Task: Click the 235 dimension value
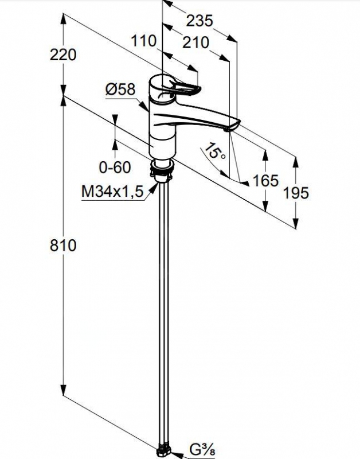coord(199,21)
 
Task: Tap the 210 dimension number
coord(195,42)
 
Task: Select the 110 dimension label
coord(143,41)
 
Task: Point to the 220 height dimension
coord(63,55)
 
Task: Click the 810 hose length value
coord(63,245)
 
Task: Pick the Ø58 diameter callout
coord(120,89)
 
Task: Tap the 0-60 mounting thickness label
coord(115,167)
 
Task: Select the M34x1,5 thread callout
coord(112,192)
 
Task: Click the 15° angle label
coord(214,151)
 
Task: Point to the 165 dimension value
coord(265,181)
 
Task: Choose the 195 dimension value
coord(296,193)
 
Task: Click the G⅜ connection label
coord(202,450)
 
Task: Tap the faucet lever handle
coord(183,88)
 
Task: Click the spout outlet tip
coord(228,130)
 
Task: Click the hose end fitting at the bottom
coord(164,451)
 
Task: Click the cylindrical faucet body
coord(162,117)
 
